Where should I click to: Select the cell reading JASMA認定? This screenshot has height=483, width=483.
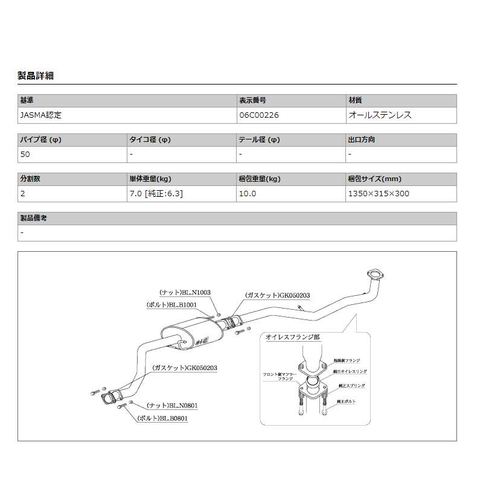41,114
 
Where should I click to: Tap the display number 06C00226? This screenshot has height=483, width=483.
258,114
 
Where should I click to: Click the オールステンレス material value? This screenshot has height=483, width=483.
380,114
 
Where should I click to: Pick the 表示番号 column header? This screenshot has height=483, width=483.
252,100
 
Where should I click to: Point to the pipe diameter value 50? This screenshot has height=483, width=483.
25,154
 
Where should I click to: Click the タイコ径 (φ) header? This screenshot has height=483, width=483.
150,140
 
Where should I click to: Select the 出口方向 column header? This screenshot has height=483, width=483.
361,140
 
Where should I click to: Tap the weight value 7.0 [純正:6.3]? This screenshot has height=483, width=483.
156,194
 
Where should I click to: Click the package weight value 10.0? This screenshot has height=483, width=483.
248,194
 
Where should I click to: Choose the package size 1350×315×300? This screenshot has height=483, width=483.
379,194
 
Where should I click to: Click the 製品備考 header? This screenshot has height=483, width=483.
33,218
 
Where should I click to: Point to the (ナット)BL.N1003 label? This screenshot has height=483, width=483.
185,292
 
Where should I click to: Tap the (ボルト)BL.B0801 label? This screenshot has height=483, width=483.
162,417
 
